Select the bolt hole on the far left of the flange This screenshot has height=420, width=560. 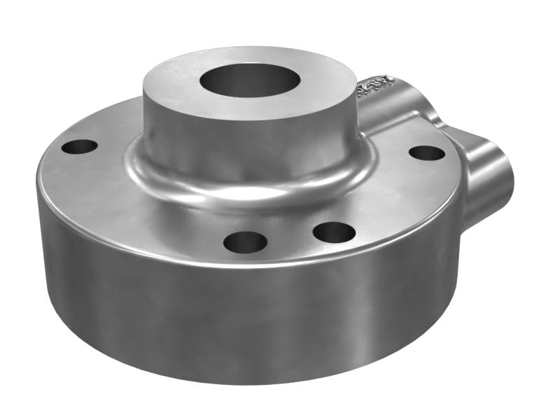pyautogui.click(x=79, y=147)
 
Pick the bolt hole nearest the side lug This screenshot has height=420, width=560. pyautogui.click(x=426, y=153)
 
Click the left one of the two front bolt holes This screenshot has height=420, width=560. pyautogui.click(x=245, y=242)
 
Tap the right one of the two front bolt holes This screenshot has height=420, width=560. pyautogui.click(x=335, y=231)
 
